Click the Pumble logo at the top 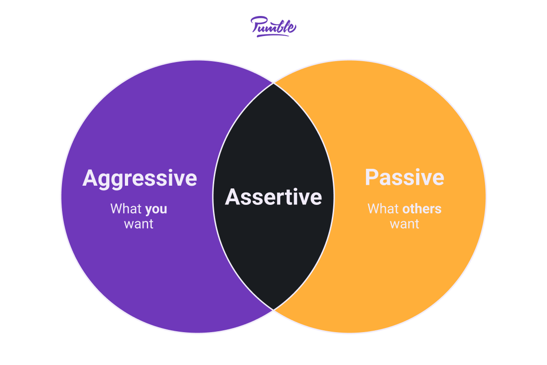pos(273,26)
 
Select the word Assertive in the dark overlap pos(273,197)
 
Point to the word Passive pos(404,177)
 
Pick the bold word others pos(422,209)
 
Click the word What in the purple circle pos(126,209)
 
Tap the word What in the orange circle pos(383,209)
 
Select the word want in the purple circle pos(139,224)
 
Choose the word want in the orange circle pos(405,224)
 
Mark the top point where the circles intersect pos(273,83)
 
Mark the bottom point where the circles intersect pos(273,310)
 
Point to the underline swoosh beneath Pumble pos(273,36)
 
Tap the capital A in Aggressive pos(91,178)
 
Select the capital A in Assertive pos(233,197)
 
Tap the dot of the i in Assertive pos(296,190)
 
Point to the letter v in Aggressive pos(181,180)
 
